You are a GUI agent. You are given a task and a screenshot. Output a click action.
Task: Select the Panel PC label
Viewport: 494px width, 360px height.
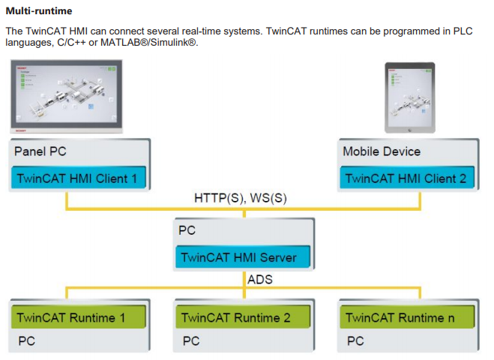pos(40,151)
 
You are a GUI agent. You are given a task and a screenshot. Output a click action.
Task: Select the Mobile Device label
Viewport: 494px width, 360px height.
pos(382,151)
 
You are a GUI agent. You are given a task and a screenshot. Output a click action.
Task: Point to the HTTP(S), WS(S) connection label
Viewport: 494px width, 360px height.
pos(241,198)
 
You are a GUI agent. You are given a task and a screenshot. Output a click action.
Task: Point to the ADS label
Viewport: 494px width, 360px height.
pos(259,280)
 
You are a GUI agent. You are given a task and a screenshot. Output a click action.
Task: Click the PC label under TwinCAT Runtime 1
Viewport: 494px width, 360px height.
pos(26,341)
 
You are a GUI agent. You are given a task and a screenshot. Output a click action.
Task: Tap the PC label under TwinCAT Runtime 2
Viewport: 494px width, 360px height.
pos(191,341)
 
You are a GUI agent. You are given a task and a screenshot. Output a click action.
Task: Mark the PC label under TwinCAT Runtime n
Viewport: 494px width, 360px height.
pos(355,341)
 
